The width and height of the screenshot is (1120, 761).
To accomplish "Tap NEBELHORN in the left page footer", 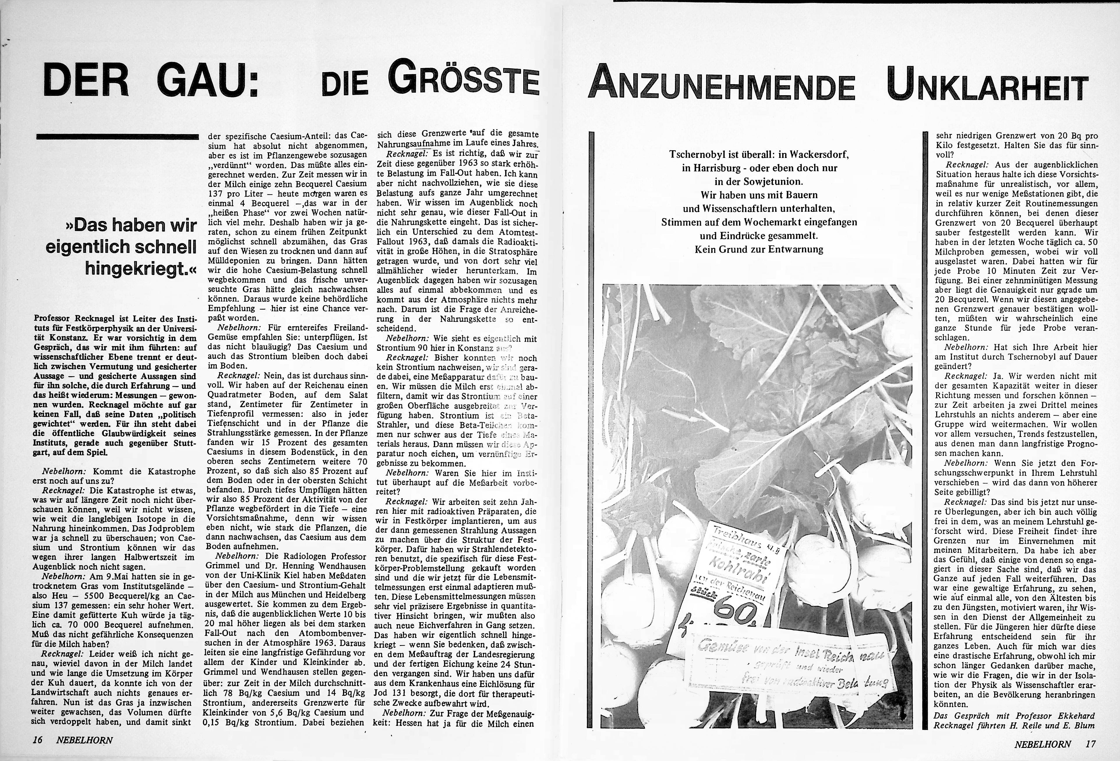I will pyautogui.click(x=84, y=740).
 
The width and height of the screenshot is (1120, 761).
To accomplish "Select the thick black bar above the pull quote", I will pyautogui.click(x=118, y=137).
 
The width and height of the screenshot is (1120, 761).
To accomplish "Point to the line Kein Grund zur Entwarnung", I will pyautogui.click(x=759, y=249).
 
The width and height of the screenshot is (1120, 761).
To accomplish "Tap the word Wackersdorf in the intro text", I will pyautogui.click(x=817, y=155).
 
